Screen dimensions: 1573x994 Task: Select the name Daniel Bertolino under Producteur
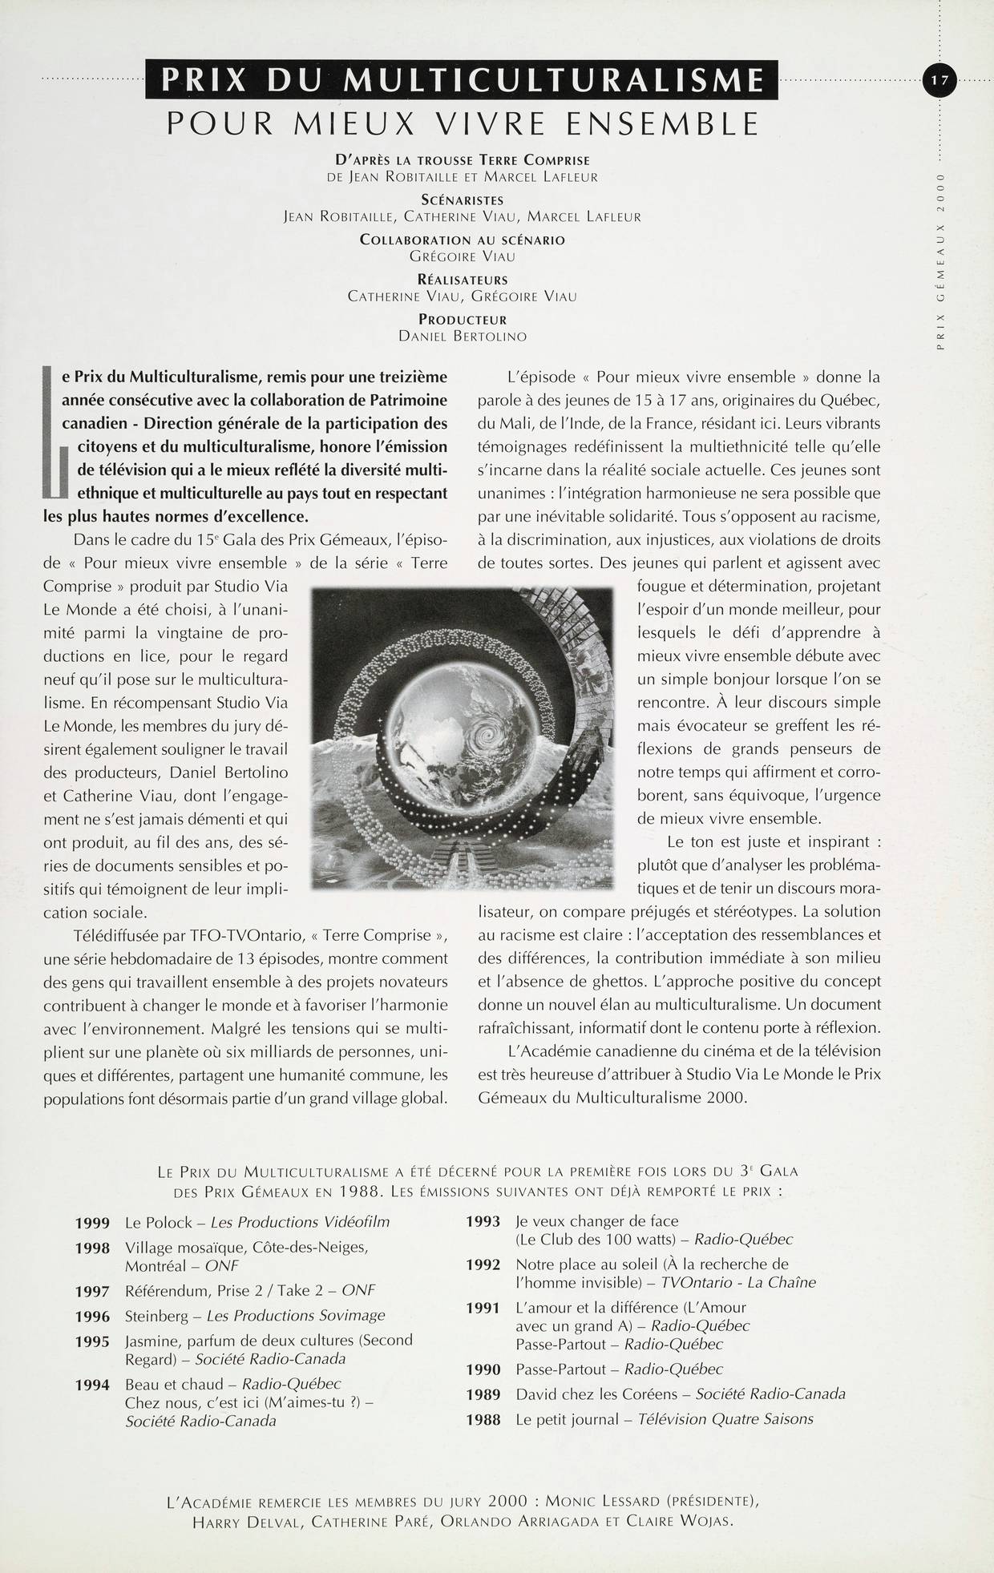463,337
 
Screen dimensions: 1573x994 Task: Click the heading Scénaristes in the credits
463,200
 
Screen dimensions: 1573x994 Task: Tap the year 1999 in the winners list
92,1223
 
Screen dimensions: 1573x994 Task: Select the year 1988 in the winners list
483,1420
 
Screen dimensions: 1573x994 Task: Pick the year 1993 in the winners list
483,1222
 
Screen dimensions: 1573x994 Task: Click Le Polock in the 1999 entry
159,1223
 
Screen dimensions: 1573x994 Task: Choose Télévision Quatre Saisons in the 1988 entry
725,1419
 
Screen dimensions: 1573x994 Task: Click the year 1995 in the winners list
92,1341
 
